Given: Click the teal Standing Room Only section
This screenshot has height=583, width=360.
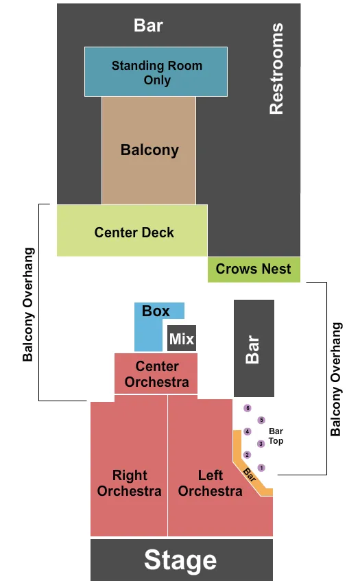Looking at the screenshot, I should [x=156, y=72].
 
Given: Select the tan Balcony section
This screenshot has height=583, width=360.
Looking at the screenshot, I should [x=149, y=150].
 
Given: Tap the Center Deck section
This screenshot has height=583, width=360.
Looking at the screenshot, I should [x=134, y=232].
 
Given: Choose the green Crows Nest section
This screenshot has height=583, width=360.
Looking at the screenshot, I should [x=253, y=269].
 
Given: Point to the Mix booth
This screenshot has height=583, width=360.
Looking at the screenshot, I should [x=182, y=339].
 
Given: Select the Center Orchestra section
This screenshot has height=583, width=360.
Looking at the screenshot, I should [x=156, y=374].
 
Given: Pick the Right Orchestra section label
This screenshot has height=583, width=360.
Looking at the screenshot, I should [x=129, y=483].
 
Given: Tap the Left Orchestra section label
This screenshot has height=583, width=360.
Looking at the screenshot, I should [x=210, y=483].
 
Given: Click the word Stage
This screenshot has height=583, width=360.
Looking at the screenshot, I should [x=180, y=560].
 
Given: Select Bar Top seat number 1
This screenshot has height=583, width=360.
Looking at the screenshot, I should [x=261, y=468].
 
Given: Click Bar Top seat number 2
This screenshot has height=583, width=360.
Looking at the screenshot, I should [x=248, y=455].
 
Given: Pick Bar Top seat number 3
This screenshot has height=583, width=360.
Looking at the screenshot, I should [x=261, y=444].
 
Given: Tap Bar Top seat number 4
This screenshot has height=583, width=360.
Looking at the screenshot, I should [x=248, y=431].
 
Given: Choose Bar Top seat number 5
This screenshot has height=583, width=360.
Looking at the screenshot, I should [x=261, y=420].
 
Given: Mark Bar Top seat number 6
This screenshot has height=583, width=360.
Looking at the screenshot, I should [x=248, y=408].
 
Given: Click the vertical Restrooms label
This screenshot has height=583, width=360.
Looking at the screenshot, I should [x=276, y=69].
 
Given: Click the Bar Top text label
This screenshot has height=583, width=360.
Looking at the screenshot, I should [x=276, y=436].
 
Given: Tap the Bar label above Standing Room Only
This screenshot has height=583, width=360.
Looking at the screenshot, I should [x=148, y=25].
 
